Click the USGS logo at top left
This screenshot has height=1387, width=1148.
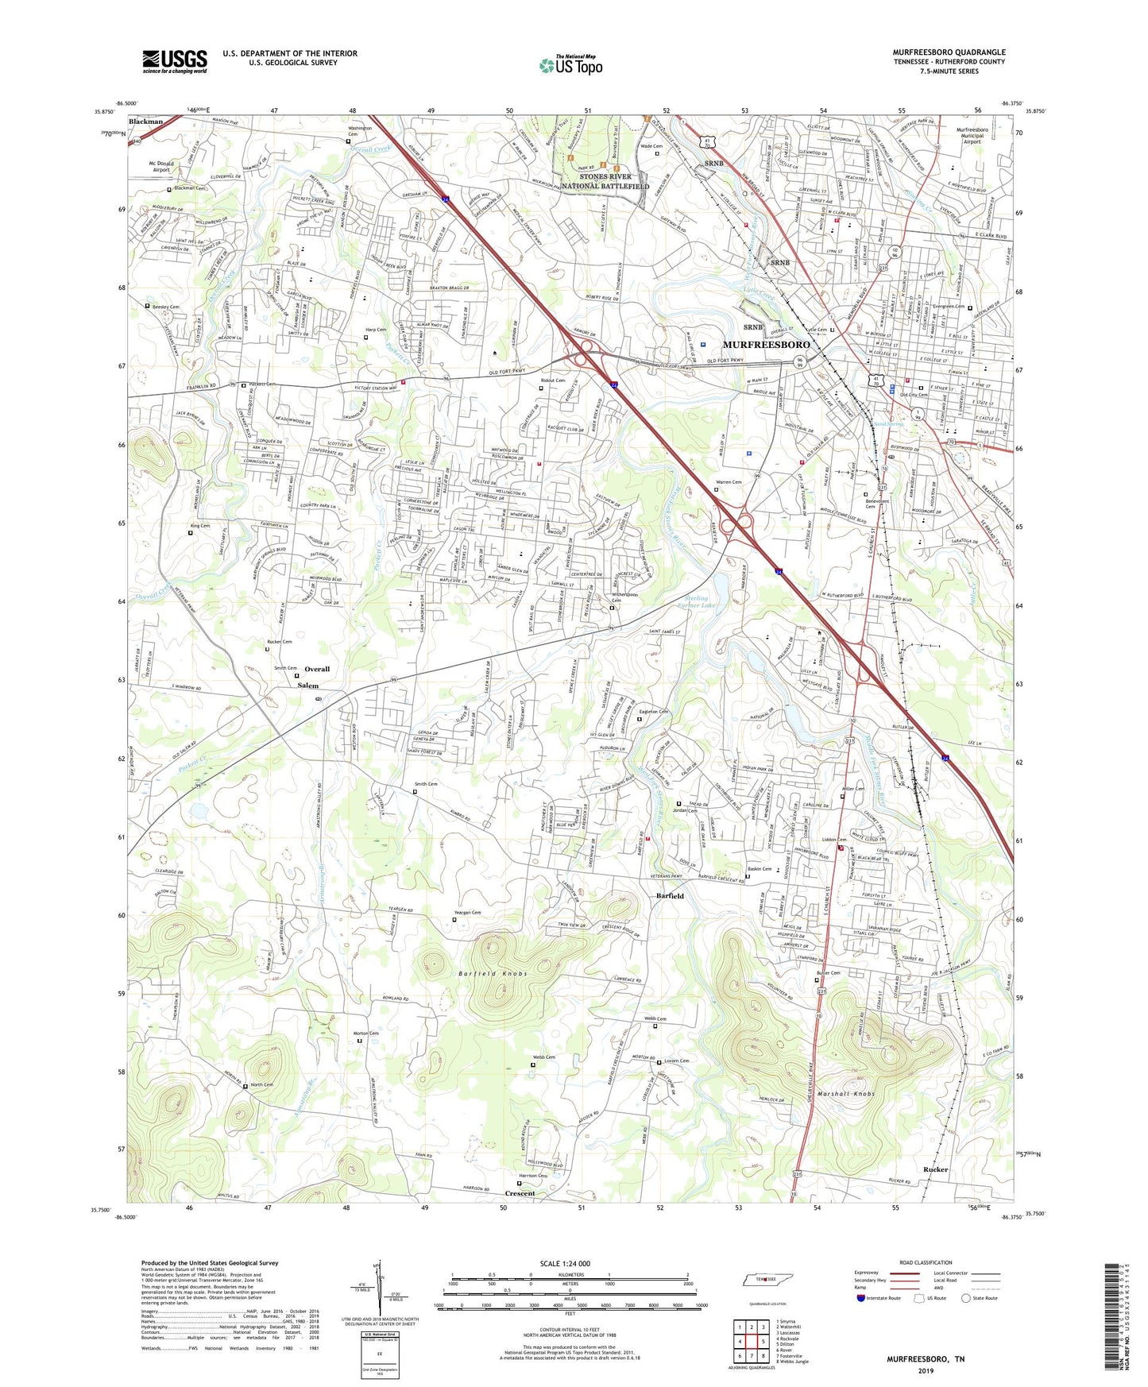175,61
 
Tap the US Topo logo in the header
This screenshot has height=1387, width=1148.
570,64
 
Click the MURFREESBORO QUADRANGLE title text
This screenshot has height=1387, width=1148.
948,52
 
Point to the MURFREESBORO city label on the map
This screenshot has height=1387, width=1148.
766,345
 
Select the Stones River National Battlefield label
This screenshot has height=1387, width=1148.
605,181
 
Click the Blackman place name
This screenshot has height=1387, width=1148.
145,122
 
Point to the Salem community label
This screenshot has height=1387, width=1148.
308,685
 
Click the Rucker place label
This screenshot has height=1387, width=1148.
936,1169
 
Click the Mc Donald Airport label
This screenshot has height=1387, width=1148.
161,166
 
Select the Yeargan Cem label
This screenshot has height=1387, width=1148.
467,913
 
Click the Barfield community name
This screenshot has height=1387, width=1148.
670,895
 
